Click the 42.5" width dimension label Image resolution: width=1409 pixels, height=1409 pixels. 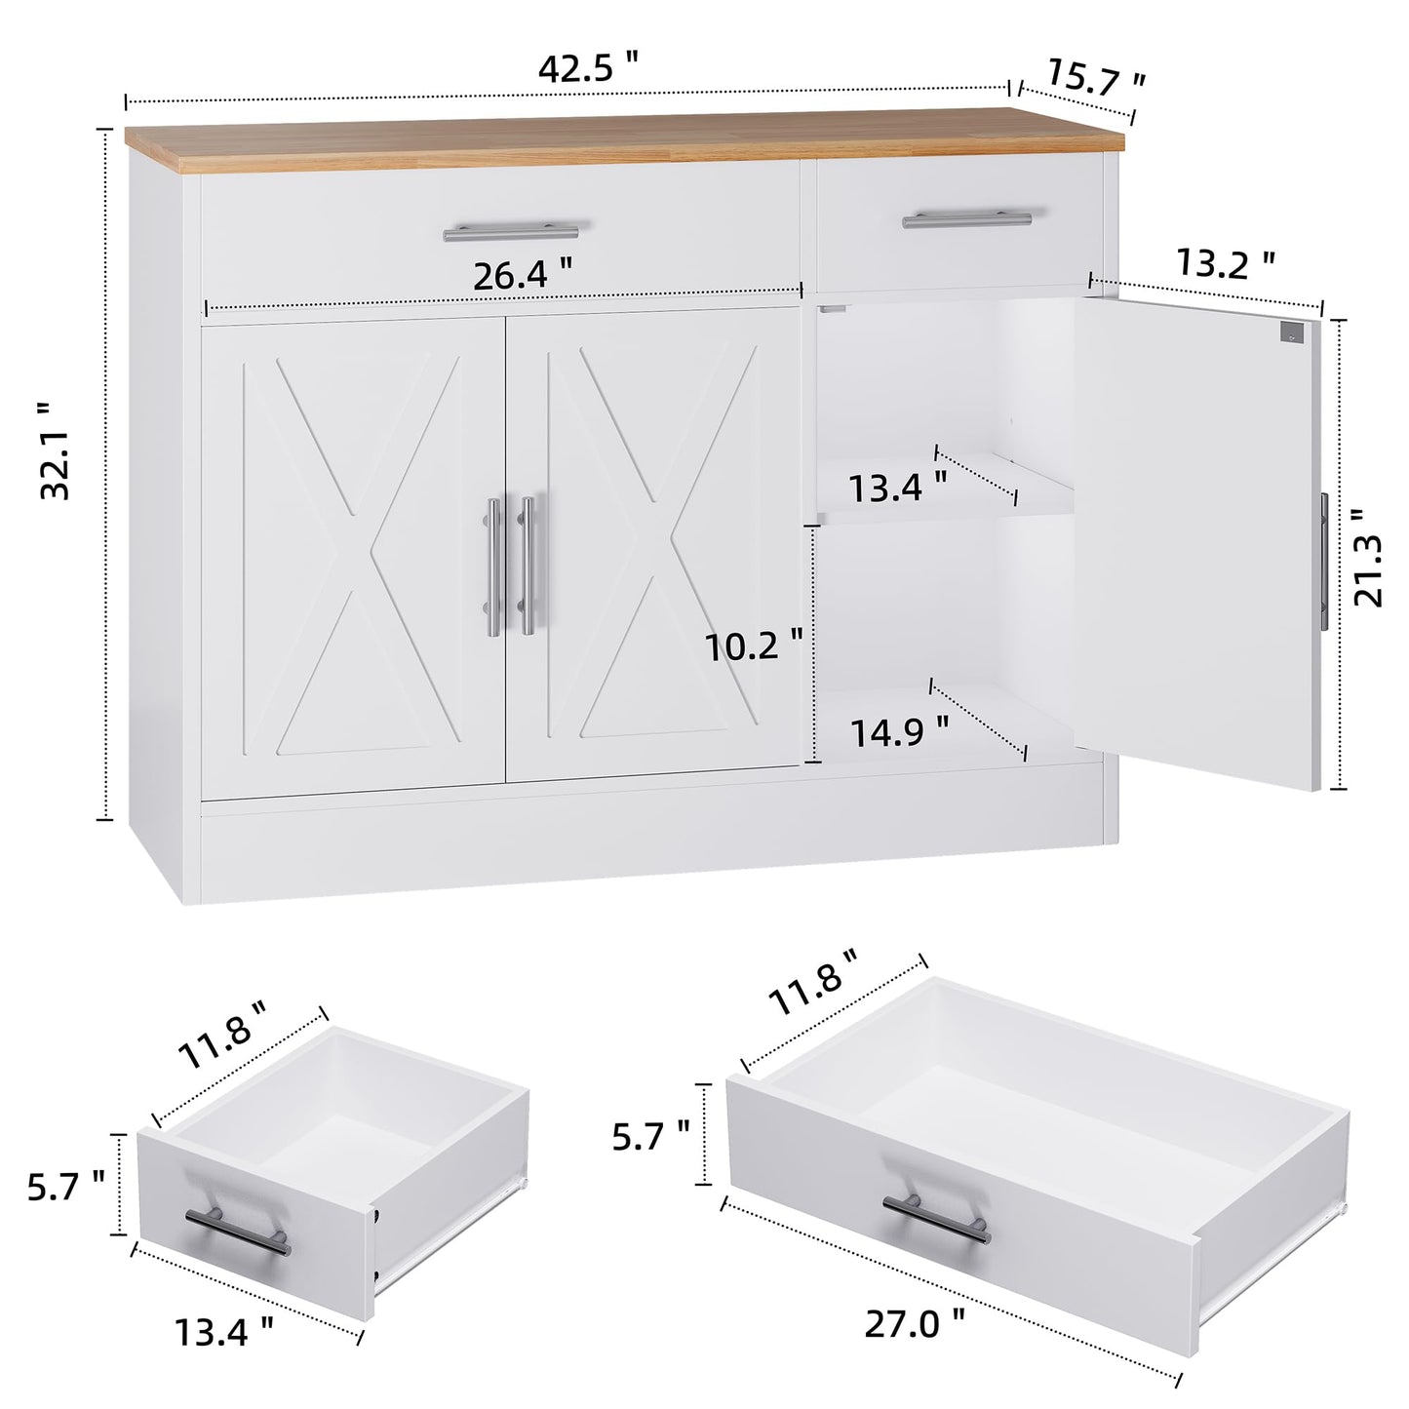click(589, 68)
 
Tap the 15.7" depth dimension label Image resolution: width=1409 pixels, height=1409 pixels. click(1096, 78)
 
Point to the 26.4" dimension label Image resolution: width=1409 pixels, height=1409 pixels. click(523, 277)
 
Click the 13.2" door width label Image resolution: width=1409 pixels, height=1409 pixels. click(1225, 262)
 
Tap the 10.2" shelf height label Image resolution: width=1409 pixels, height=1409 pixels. click(756, 646)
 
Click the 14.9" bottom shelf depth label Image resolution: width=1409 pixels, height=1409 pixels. click(900, 731)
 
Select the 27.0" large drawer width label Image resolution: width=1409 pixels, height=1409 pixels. click(916, 1323)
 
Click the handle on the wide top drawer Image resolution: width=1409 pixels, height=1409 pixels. click(510, 232)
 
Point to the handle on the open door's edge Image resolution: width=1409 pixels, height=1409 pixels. click(1323, 561)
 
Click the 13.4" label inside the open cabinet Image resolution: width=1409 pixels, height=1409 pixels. click(897, 487)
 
